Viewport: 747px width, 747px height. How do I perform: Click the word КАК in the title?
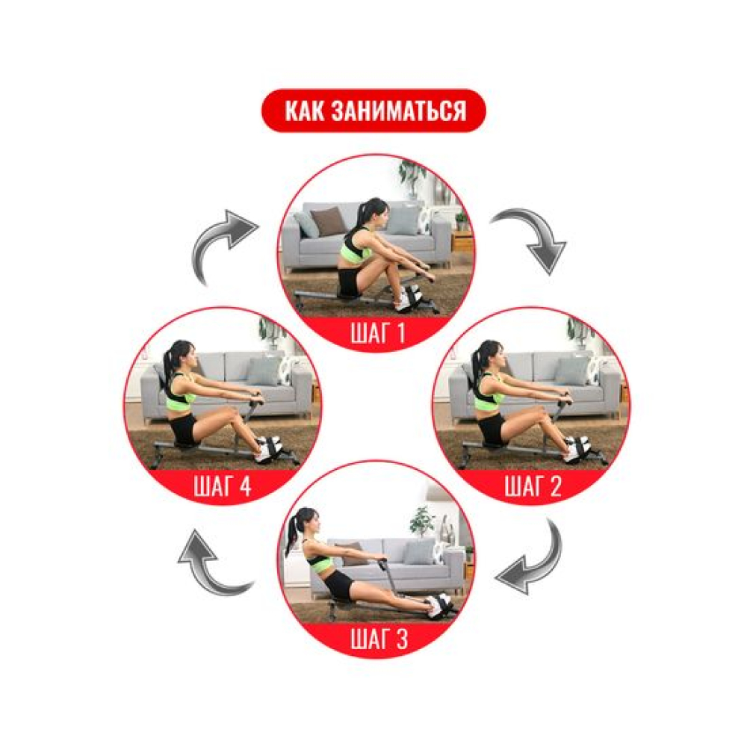pos(304,111)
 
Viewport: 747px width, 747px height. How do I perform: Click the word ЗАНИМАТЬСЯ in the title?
pos(398,111)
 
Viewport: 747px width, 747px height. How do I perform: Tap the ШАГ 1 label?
pos(377,332)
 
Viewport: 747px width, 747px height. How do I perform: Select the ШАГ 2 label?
pos(533,486)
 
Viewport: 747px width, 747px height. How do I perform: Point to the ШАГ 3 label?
pos(379,639)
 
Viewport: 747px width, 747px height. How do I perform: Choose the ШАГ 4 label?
pos(223,486)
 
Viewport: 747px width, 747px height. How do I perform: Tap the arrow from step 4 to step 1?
pos(219,243)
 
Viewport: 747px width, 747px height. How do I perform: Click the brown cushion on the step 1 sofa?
pos(328,221)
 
